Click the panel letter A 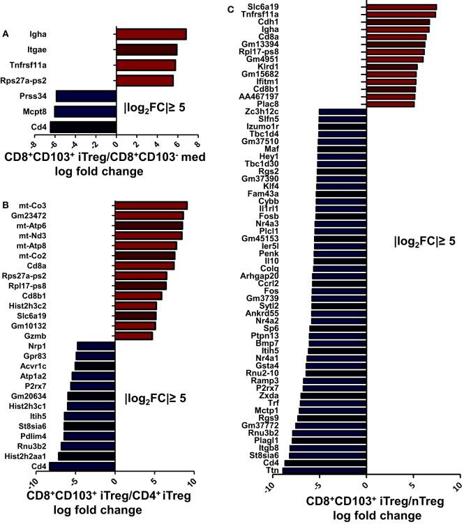6,33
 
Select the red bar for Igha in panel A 151,34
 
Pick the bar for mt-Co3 151,206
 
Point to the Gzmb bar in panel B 133,336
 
